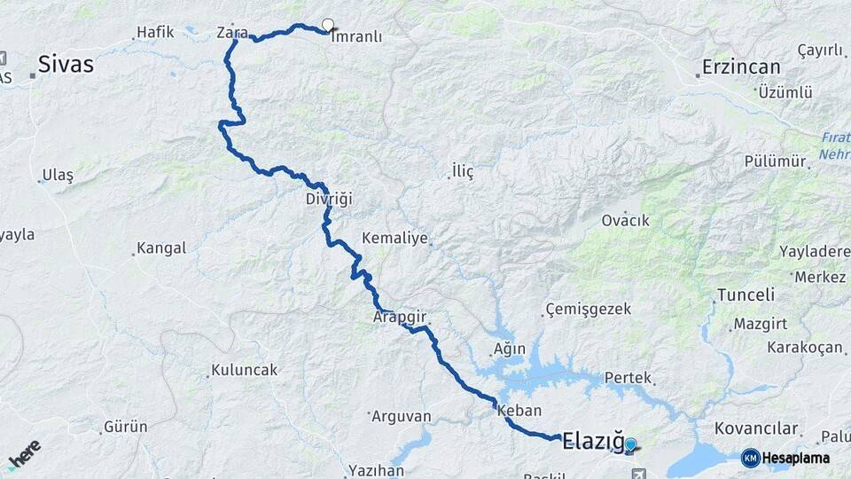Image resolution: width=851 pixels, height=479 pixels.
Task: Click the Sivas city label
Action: click(65, 64)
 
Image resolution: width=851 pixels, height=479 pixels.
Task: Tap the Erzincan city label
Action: click(741, 67)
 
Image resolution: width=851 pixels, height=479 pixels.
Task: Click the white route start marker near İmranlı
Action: click(328, 26)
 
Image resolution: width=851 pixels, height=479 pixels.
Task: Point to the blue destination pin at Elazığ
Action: click(630, 444)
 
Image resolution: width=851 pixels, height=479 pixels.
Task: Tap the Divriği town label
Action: click(329, 199)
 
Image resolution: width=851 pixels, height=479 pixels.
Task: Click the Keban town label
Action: click(519, 411)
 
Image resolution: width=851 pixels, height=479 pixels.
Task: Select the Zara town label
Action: click(232, 33)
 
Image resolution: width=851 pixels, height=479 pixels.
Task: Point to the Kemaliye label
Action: click(395, 239)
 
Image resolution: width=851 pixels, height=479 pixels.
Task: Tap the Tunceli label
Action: click(746, 294)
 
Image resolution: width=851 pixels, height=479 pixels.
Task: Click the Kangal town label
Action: click(161, 248)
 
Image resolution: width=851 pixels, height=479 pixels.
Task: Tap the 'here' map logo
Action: click(25, 453)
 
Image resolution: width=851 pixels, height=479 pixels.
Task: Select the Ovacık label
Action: click(625, 220)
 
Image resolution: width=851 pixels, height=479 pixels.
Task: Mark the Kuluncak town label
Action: click(244, 370)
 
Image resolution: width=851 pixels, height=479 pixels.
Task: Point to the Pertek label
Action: click(628, 378)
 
